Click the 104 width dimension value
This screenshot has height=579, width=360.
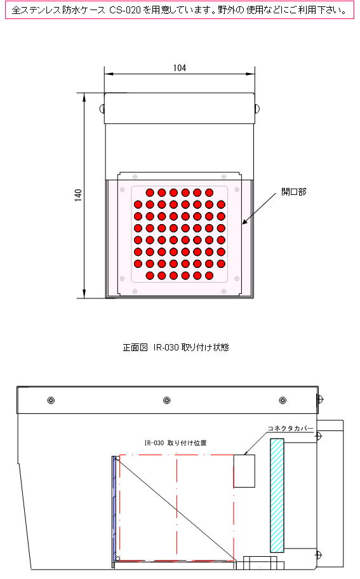180,68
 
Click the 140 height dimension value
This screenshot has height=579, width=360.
78,195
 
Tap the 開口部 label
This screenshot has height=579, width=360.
294,192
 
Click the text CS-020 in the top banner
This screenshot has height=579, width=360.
125,10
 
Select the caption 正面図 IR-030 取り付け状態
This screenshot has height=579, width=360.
176,347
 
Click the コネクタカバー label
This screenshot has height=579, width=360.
290,429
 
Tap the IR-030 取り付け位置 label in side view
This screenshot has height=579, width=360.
175,443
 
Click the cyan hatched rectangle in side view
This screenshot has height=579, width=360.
277,495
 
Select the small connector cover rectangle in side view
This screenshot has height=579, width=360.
244,471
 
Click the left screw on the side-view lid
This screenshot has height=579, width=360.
51,400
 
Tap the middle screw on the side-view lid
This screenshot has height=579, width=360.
167,400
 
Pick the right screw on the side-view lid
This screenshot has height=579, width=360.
283,400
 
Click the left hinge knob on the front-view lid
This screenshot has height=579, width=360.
102,109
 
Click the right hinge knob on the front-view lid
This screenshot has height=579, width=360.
257,109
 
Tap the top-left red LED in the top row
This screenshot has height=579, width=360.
150,192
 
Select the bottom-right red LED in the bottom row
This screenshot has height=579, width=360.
209,276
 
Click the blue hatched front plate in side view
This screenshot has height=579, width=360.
114,509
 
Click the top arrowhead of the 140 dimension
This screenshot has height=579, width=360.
84,96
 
